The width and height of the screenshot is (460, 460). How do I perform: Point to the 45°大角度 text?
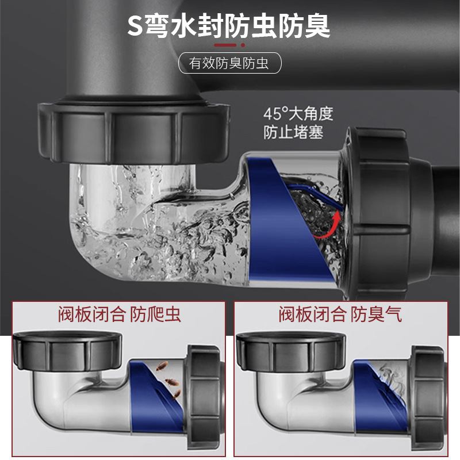298,113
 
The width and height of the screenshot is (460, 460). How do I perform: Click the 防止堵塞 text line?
293,133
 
